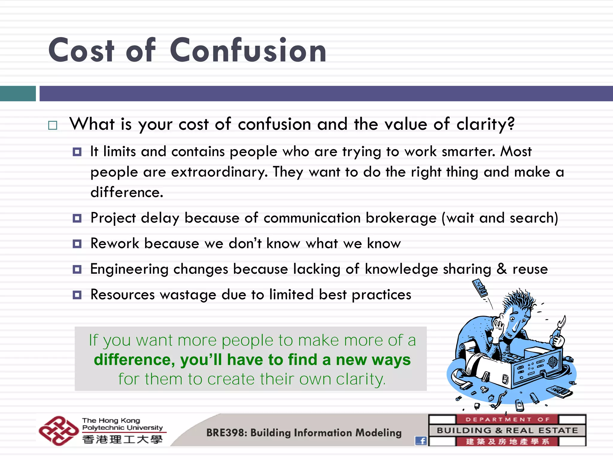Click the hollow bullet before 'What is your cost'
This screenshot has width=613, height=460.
tap(53, 125)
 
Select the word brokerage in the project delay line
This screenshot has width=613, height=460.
tap(401, 218)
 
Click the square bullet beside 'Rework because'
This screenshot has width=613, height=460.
tap(77, 244)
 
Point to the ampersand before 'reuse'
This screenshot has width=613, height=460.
tap(502, 269)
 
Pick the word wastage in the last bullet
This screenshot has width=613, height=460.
tap(188, 295)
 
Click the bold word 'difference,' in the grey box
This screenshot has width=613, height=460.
tap(134, 360)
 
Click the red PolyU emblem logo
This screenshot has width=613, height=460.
tap(58, 431)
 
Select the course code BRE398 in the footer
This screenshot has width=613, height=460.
tap(225, 433)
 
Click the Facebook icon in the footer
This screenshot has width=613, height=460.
tap(421, 441)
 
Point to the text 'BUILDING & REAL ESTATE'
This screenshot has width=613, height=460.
tap(507, 430)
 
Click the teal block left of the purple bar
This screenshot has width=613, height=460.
tap(18, 93)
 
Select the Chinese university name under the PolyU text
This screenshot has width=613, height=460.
tap(122, 439)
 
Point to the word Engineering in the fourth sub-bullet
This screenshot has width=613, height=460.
tap(129, 269)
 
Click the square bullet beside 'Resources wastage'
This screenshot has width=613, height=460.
tap(77, 295)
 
